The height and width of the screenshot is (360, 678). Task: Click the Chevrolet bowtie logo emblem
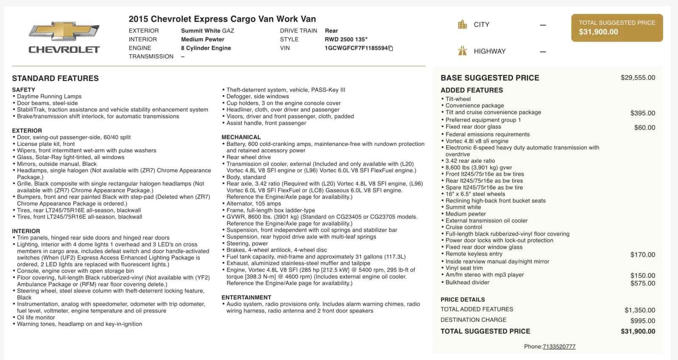64,31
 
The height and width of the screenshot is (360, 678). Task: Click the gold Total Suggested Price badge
617,28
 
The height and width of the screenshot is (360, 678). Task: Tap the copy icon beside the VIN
391,48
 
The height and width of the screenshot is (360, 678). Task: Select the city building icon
462,25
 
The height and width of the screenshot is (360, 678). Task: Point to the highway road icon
462,51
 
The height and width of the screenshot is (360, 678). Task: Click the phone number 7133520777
559,346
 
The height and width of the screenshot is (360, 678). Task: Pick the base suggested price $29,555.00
638,78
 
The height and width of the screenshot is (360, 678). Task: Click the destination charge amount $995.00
642,321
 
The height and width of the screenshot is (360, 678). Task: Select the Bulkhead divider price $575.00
642,283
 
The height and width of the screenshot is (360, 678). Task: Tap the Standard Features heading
56,78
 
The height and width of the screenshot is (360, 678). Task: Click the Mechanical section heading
241,137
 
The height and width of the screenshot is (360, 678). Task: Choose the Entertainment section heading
246,297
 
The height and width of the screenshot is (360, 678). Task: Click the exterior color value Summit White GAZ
208,31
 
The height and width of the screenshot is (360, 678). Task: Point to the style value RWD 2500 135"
346,39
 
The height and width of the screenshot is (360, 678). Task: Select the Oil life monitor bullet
36,317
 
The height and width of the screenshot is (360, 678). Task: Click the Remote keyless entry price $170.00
642,254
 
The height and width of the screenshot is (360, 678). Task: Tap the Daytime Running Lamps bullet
49,96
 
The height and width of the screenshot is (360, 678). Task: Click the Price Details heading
463,299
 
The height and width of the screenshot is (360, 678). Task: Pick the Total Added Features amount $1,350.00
639,310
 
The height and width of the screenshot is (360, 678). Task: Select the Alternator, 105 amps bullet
253,204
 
